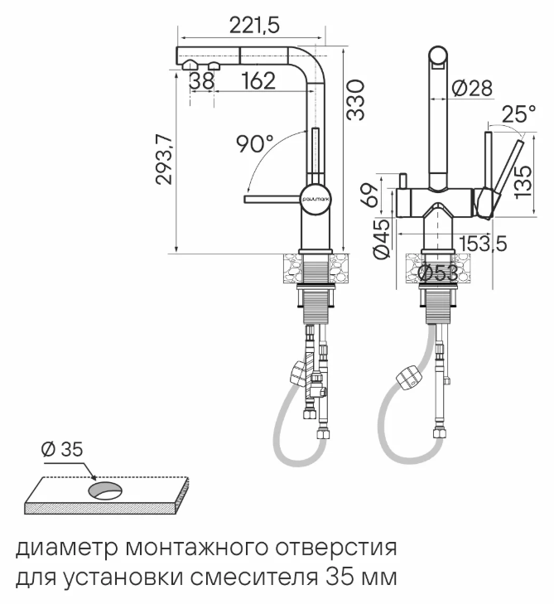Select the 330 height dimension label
coord(355,99)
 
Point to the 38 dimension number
coord(202,81)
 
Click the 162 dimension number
coord(259,81)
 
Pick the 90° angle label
coord(256,144)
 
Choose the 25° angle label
coord(518,115)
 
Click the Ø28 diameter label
coord(473,86)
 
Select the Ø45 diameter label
coord(381,240)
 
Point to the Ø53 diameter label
coord(439,273)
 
